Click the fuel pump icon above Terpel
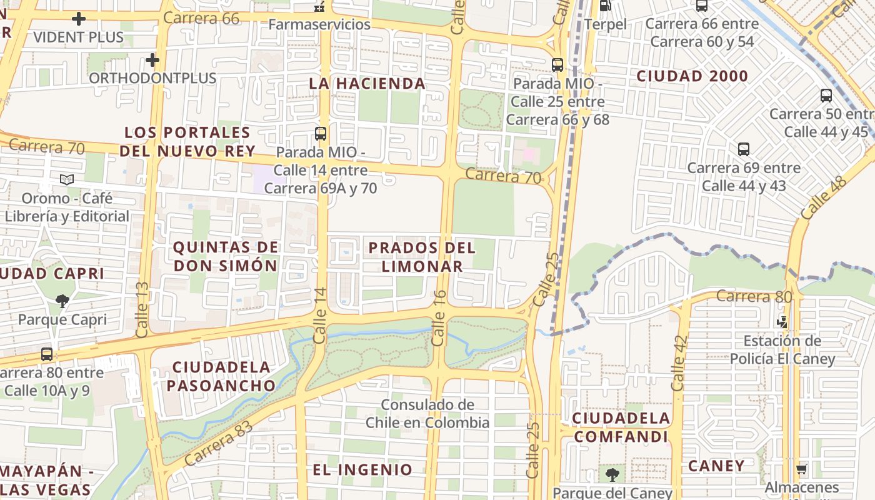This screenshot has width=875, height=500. click(x=604, y=6)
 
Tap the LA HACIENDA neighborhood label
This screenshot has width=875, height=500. click(x=367, y=83)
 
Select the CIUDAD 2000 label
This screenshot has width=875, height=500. click(x=692, y=76)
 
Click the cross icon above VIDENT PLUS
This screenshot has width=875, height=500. click(x=79, y=19)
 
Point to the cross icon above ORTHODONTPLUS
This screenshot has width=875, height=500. click(x=152, y=60)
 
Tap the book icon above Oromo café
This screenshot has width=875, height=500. click(x=67, y=180)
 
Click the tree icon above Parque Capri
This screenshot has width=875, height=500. click(x=62, y=301)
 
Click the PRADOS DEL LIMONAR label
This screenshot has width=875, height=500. click(x=422, y=257)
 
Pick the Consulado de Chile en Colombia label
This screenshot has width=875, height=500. click(x=427, y=414)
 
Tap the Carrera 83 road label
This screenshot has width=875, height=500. click(x=218, y=443)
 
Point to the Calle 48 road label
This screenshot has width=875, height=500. click(x=823, y=197)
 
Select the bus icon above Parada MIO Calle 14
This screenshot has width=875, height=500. click(x=321, y=133)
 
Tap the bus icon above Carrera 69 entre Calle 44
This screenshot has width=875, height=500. click(x=743, y=149)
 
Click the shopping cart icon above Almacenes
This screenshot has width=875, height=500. click(x=802, y=469)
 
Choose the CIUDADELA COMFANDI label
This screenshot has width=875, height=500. click(x=621, y=427)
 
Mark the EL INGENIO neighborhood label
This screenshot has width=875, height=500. click(x=362, y=470)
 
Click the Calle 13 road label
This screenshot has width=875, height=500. click(x=142, y=306)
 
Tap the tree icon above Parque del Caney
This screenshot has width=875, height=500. click(x=612, y=474)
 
